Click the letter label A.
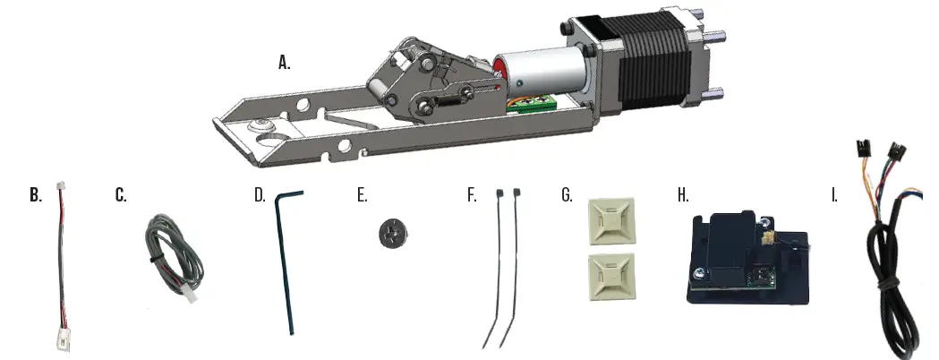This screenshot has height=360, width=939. (x=285, y=63)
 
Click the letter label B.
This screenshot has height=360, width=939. (x=35, y=195)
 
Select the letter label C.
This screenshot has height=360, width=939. (x=121, y=195)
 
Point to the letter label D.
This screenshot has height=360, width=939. (x=260, y=195)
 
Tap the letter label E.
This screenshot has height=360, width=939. (x=362, y=195)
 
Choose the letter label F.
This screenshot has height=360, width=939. (x=472, y=195)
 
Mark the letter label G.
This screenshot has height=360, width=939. (x=567, y=195)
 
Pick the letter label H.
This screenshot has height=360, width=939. (x=683, y=195)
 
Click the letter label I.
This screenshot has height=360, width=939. (x=834, y=195)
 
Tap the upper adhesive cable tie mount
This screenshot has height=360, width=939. (x=606, y=221)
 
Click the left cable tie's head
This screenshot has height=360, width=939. (x=498, y=193)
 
